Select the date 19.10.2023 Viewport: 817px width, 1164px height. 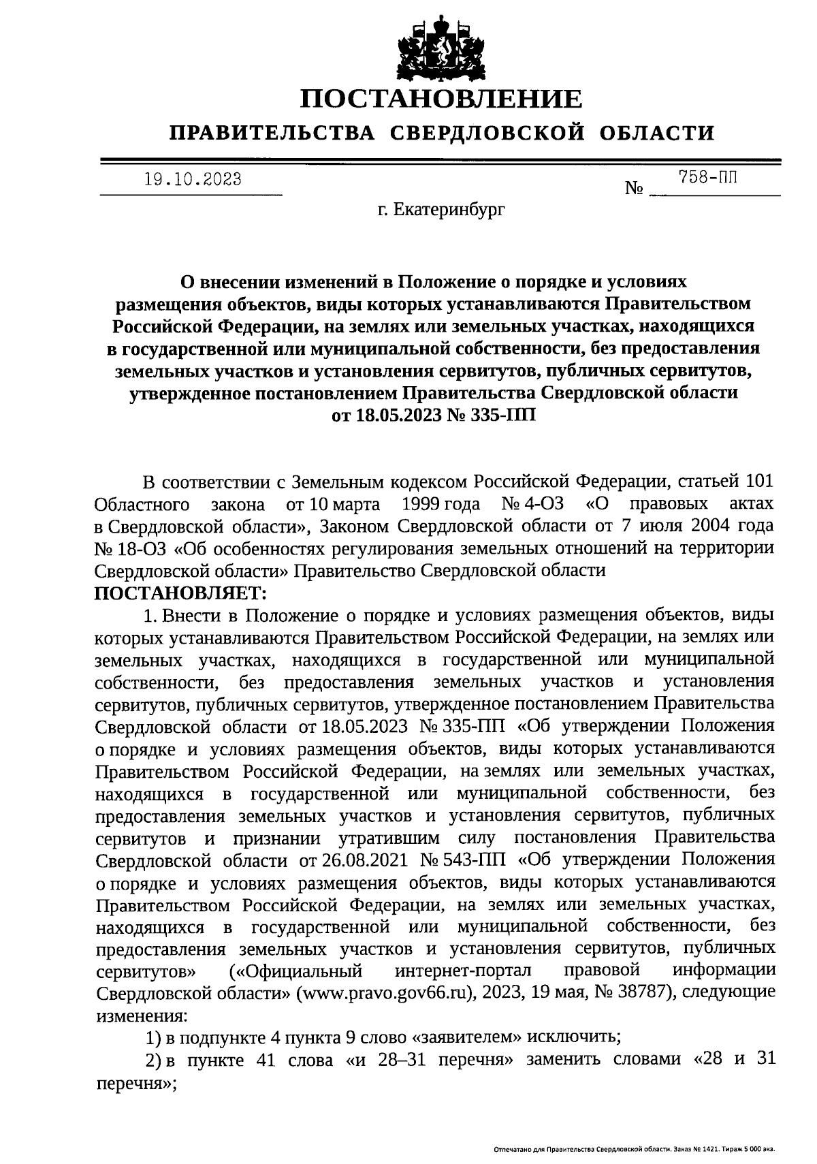193,180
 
